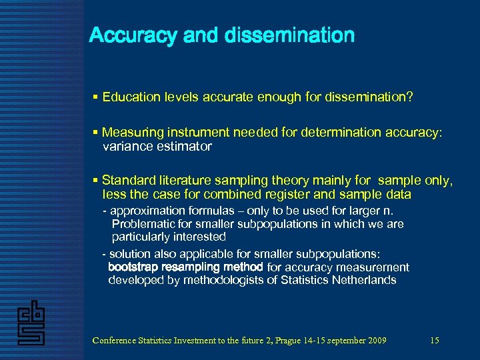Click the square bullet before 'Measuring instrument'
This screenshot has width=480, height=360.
click(x=96, y=133)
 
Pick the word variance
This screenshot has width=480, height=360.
click(x=127, y=147)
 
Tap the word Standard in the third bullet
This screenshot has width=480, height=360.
click(x=127, y=180)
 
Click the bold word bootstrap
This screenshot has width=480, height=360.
click(x=133, y=267)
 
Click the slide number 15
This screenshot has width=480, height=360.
click(x=435, y=341)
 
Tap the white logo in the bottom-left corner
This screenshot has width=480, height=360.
click(x=31, y=322)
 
